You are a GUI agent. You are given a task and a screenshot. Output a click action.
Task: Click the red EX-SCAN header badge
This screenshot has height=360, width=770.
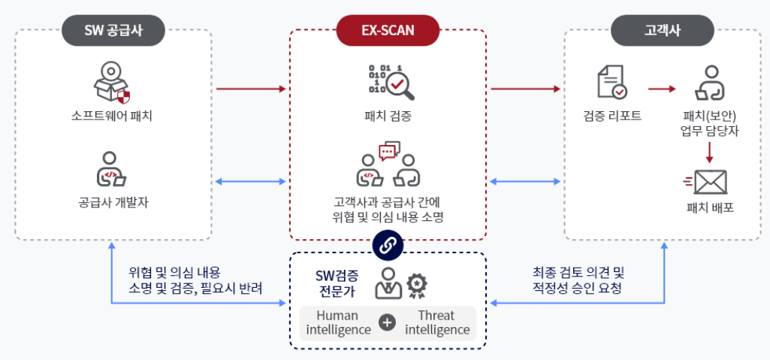coord(388,31)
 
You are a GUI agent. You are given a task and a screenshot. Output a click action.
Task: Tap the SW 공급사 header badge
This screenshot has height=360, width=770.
coord(113,31)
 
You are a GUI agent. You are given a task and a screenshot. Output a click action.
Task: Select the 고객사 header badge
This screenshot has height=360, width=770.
coord(663,31)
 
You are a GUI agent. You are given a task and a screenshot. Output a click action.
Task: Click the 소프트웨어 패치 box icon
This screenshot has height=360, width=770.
coord(112,83)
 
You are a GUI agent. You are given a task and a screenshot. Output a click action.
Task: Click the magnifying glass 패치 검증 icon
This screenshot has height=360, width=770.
coord(388,83)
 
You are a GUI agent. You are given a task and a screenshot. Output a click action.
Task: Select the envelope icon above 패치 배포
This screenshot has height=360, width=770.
coord(710,181)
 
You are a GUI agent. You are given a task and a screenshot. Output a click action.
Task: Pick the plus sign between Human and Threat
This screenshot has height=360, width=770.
coord(387,322)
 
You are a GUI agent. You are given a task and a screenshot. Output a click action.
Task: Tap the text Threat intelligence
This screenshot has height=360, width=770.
coord(437,322)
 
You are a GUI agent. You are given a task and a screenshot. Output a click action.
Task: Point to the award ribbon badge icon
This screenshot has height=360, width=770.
coord(418,283)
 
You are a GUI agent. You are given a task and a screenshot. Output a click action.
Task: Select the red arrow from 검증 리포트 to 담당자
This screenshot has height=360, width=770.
coord(661,89)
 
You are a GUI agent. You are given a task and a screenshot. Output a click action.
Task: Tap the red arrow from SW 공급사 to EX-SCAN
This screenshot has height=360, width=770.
coord(251,89)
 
